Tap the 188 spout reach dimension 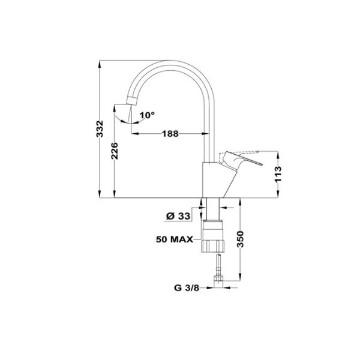point(170,134)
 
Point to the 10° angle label point(147,114)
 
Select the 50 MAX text point(174,239)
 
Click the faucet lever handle point(243,161)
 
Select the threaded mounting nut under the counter point(213,238)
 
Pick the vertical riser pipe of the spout point(210,132)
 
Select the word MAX point(182,239)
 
